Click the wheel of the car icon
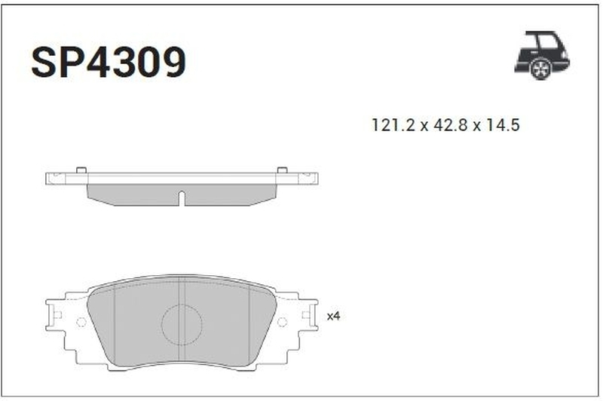(x=540, y=69)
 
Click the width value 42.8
(x=446, y=126)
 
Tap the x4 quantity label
(x=334, y=317)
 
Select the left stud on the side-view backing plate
(x=81, y=170)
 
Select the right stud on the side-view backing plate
(x=282, y=170)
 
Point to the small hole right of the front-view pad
(x=282, y=322)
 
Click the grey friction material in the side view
(x=136, y=194)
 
